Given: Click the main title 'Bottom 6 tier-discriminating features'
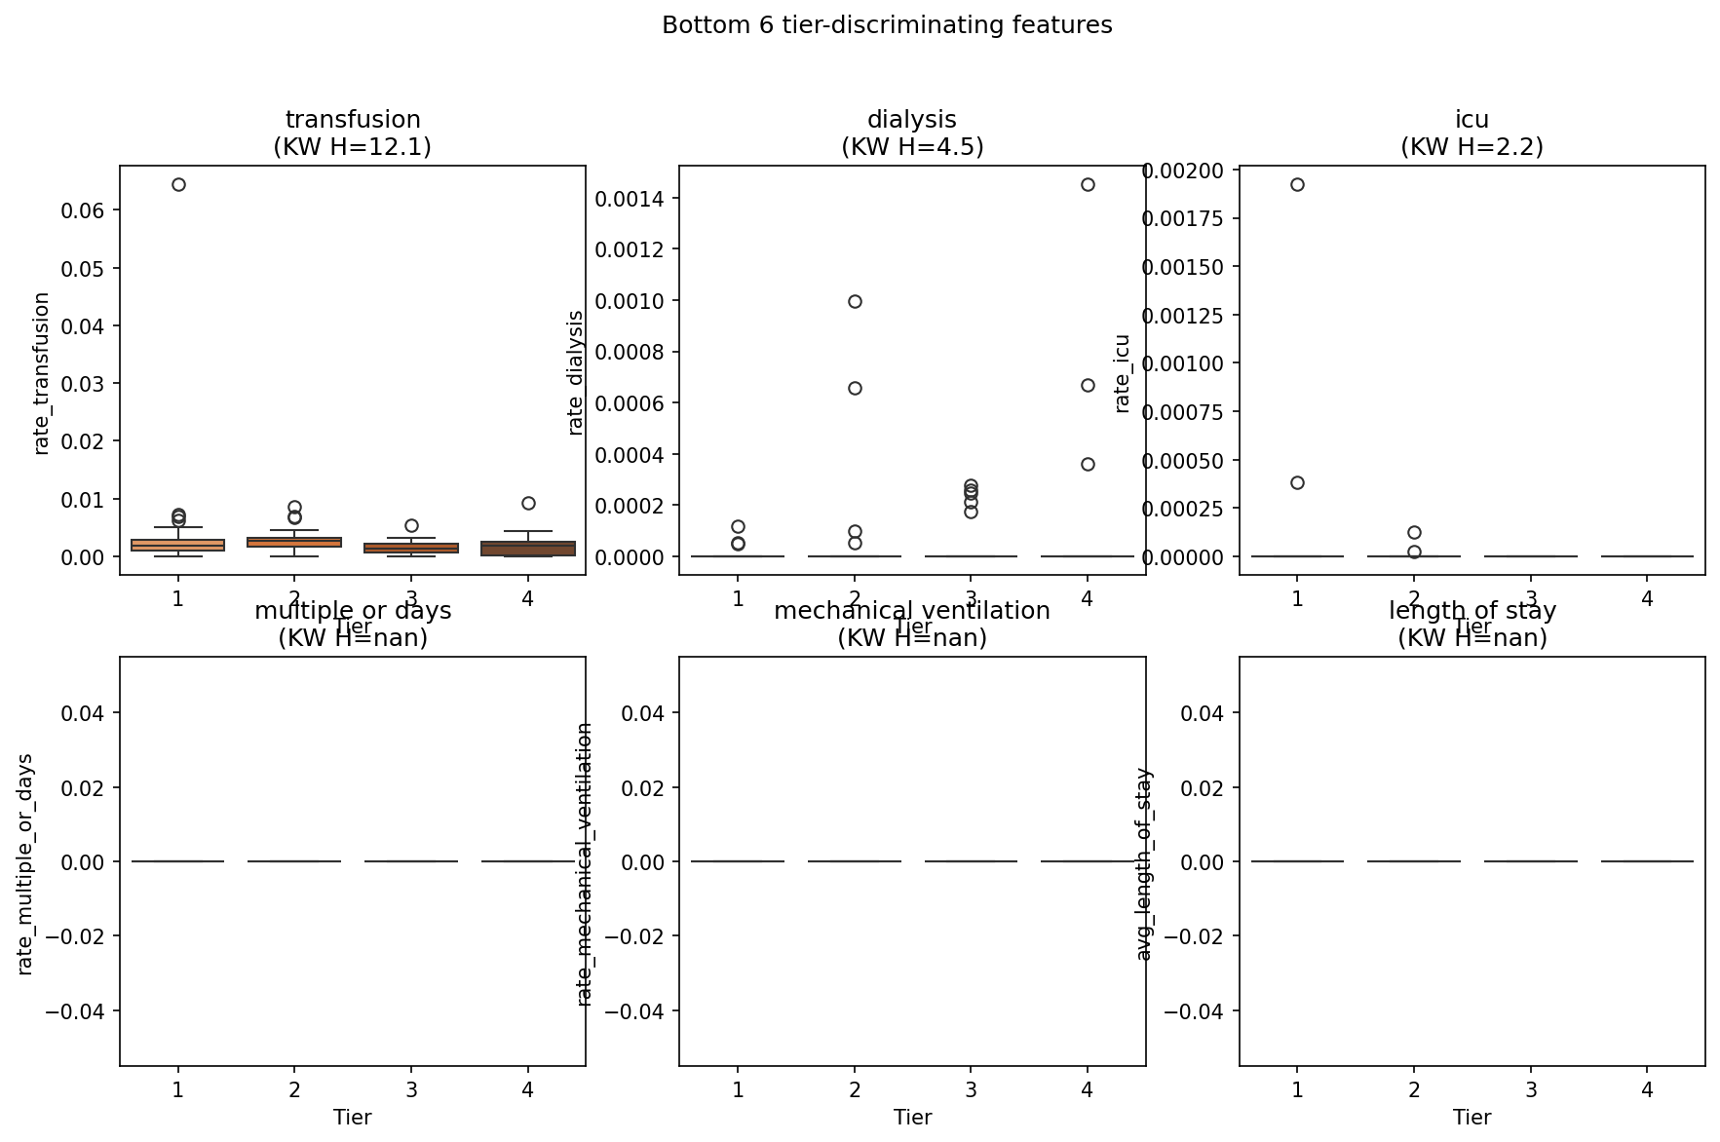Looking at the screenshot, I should (x=887, y=25).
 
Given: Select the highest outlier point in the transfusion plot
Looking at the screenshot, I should (x=178, y=184).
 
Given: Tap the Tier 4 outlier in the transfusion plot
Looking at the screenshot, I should (x=528, y=503).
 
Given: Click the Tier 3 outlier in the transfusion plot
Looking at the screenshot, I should (x=411, y=525).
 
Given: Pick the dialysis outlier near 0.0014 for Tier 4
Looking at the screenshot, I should (x=1088, y=184).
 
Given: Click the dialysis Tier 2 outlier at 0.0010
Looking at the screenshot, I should (x=855, y=301).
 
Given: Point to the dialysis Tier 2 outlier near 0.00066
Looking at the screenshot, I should (x=855, y=388).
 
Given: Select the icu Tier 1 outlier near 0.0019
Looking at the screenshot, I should (x=1297, y=184).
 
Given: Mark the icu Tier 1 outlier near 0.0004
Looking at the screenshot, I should (x=1297, y=482).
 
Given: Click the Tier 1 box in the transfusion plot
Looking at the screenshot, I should (x=178, y=545).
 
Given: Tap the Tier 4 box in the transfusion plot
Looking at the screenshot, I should (x=528, y=549).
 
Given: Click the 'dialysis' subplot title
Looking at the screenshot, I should (x=912, y=120).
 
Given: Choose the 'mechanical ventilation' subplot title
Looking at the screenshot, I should (x=912, y=611).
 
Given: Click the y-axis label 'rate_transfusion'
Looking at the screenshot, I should (x=41, y=373).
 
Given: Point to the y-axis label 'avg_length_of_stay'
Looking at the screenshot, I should (x=1144, y=864).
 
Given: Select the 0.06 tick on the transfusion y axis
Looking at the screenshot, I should (x=83, y=210).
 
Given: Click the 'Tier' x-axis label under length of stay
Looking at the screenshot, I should (x=1472, y=1118).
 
